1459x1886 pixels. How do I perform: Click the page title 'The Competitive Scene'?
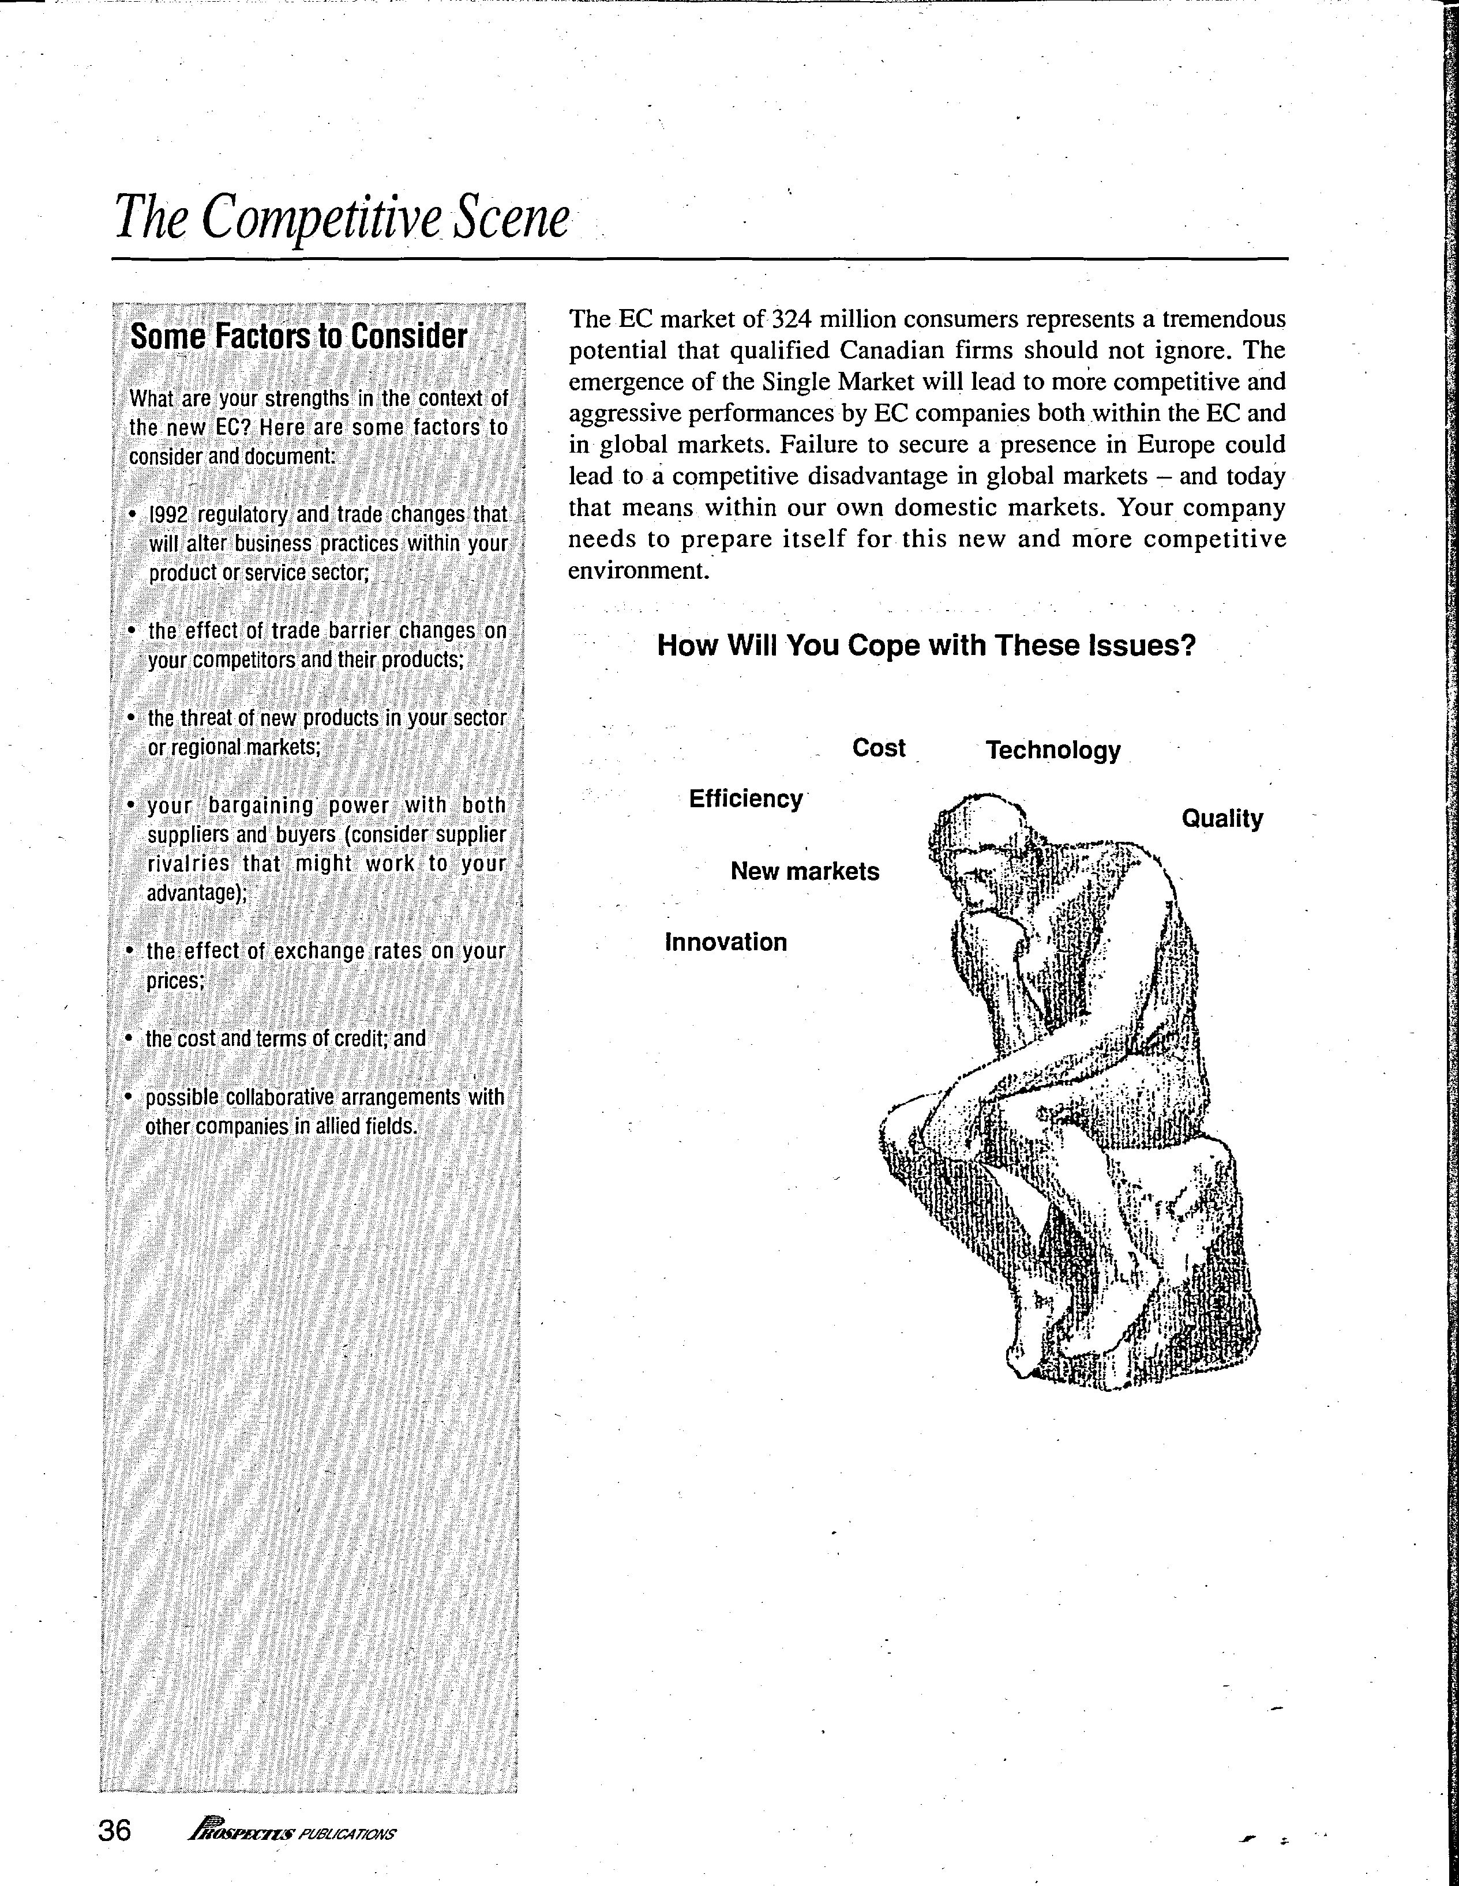coord(341,217)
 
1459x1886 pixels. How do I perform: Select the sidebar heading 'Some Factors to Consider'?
coord(298,336)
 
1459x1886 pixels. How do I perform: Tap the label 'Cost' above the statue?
coord(879,748)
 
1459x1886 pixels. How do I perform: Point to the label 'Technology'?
coord(1053,751)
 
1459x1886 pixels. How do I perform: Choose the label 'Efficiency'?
coord(745,799)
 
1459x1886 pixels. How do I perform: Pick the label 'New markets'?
coord(804,871)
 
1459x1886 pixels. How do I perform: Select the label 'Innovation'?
coord(726,942)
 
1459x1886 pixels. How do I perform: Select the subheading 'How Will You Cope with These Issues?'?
coord(926,645)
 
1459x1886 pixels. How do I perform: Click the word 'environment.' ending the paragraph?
coord(639,571)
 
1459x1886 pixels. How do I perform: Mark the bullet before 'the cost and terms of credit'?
coord(129,1039)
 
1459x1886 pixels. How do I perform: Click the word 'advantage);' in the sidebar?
coord(197,893)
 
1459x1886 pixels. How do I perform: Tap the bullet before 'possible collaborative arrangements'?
coord(129,1098)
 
